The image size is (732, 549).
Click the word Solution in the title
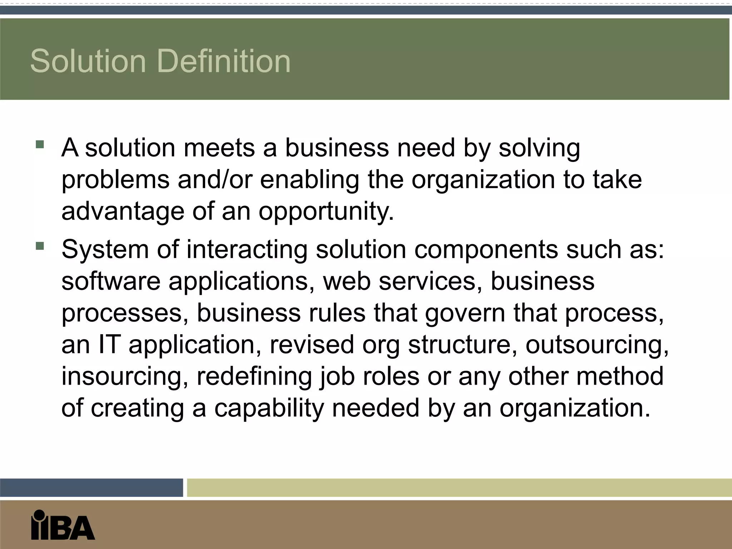pos(88,61)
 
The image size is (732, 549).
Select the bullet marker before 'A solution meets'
pos(40,144)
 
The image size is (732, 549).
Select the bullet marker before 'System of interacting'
pos(40,246)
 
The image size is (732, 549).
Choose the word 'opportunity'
pos(326,212)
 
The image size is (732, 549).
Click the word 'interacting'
pos(247,249)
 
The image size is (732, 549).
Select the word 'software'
pos(111,281)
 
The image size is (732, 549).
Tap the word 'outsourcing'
pos(597,345)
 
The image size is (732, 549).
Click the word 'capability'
pos(269,408)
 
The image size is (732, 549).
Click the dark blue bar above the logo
pos(91,488)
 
